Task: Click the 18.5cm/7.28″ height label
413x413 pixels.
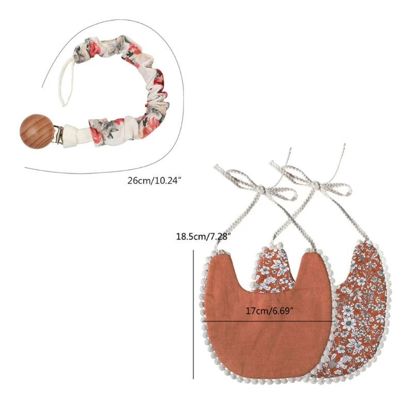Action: point(202,237)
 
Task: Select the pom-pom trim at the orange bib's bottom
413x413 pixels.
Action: point(268,379)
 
